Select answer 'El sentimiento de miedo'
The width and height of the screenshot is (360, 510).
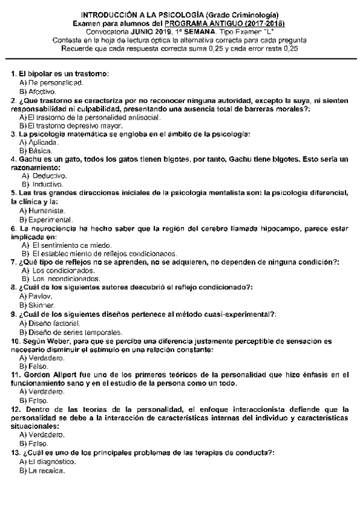click(72, 245)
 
